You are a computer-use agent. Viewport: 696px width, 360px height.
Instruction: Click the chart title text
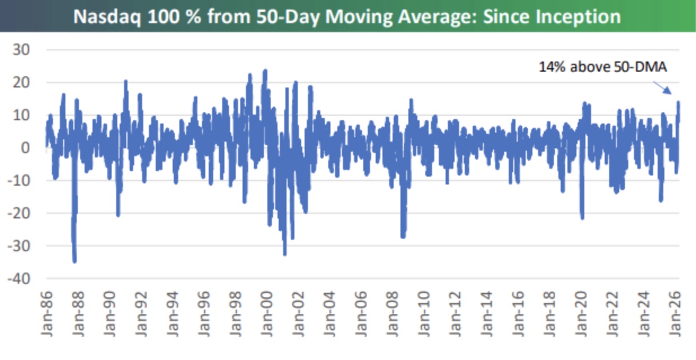(x=347, y=16)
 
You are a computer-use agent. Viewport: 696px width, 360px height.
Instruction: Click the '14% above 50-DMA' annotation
(x=603, y=67)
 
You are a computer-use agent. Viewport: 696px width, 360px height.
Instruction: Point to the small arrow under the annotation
(x=662, y=87)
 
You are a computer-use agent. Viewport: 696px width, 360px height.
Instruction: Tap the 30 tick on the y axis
(x=21, y=50)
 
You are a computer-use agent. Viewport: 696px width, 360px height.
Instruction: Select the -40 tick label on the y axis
(x=19, y=279)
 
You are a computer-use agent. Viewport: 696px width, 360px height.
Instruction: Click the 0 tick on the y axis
(x=25, y=148)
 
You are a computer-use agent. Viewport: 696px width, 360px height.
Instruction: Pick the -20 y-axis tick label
(x=19, y=213)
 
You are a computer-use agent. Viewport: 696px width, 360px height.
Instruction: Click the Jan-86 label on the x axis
(x=47, y=314)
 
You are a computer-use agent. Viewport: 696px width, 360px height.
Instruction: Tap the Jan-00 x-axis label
(x=267, y=314)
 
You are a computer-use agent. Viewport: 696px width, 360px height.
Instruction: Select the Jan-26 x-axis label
(x=675, y=314)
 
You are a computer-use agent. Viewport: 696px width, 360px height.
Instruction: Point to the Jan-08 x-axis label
(x=393, y=314)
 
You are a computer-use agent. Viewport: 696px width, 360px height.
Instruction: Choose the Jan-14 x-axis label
(x=487, y=314)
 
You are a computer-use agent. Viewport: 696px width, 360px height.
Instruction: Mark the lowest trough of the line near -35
(x=74, y=262)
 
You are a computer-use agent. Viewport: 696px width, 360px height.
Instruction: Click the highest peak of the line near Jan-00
(x=265, y=71)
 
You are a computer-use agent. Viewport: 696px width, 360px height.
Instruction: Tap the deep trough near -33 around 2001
(x=285, y=254)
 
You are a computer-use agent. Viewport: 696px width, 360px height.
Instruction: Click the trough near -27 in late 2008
(x=403, y=237)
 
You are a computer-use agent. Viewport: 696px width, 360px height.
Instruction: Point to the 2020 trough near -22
(x=582, y=218)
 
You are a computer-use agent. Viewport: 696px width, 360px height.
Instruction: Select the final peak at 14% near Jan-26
(x=679, y=102)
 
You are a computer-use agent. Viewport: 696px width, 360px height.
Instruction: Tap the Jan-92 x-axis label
(x=141, y=314)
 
